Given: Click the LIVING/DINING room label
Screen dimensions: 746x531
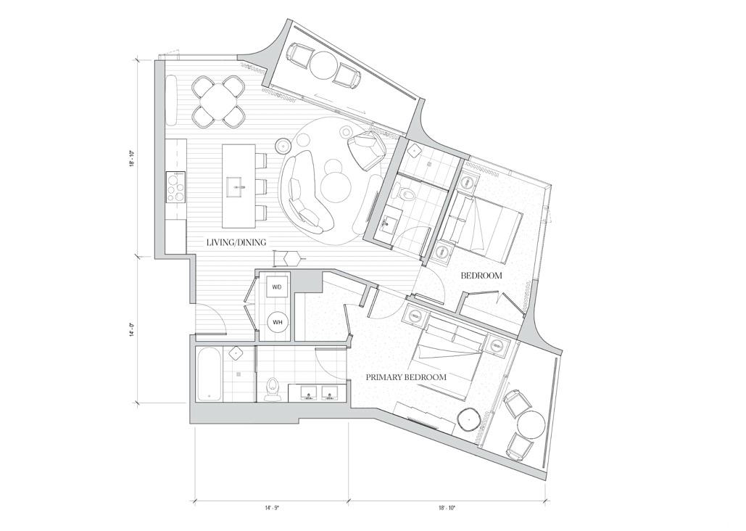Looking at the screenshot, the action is [x=236, y=242].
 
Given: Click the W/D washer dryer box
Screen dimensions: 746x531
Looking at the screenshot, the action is [x=277, y=287].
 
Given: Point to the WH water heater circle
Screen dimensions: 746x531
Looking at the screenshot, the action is [x=278, y=322].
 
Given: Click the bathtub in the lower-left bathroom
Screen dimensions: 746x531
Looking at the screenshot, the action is [x=208, y=374].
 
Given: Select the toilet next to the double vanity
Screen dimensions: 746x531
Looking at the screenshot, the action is [x=273, y=388].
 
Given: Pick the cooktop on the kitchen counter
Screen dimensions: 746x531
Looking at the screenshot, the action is [x=175, y=186].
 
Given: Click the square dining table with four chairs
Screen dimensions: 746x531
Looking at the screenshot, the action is [x=219, y=102].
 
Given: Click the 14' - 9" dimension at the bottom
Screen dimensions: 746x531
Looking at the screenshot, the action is [x=272, y=508].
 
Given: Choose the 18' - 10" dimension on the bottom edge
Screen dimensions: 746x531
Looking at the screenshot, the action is [x=447, y=508].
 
